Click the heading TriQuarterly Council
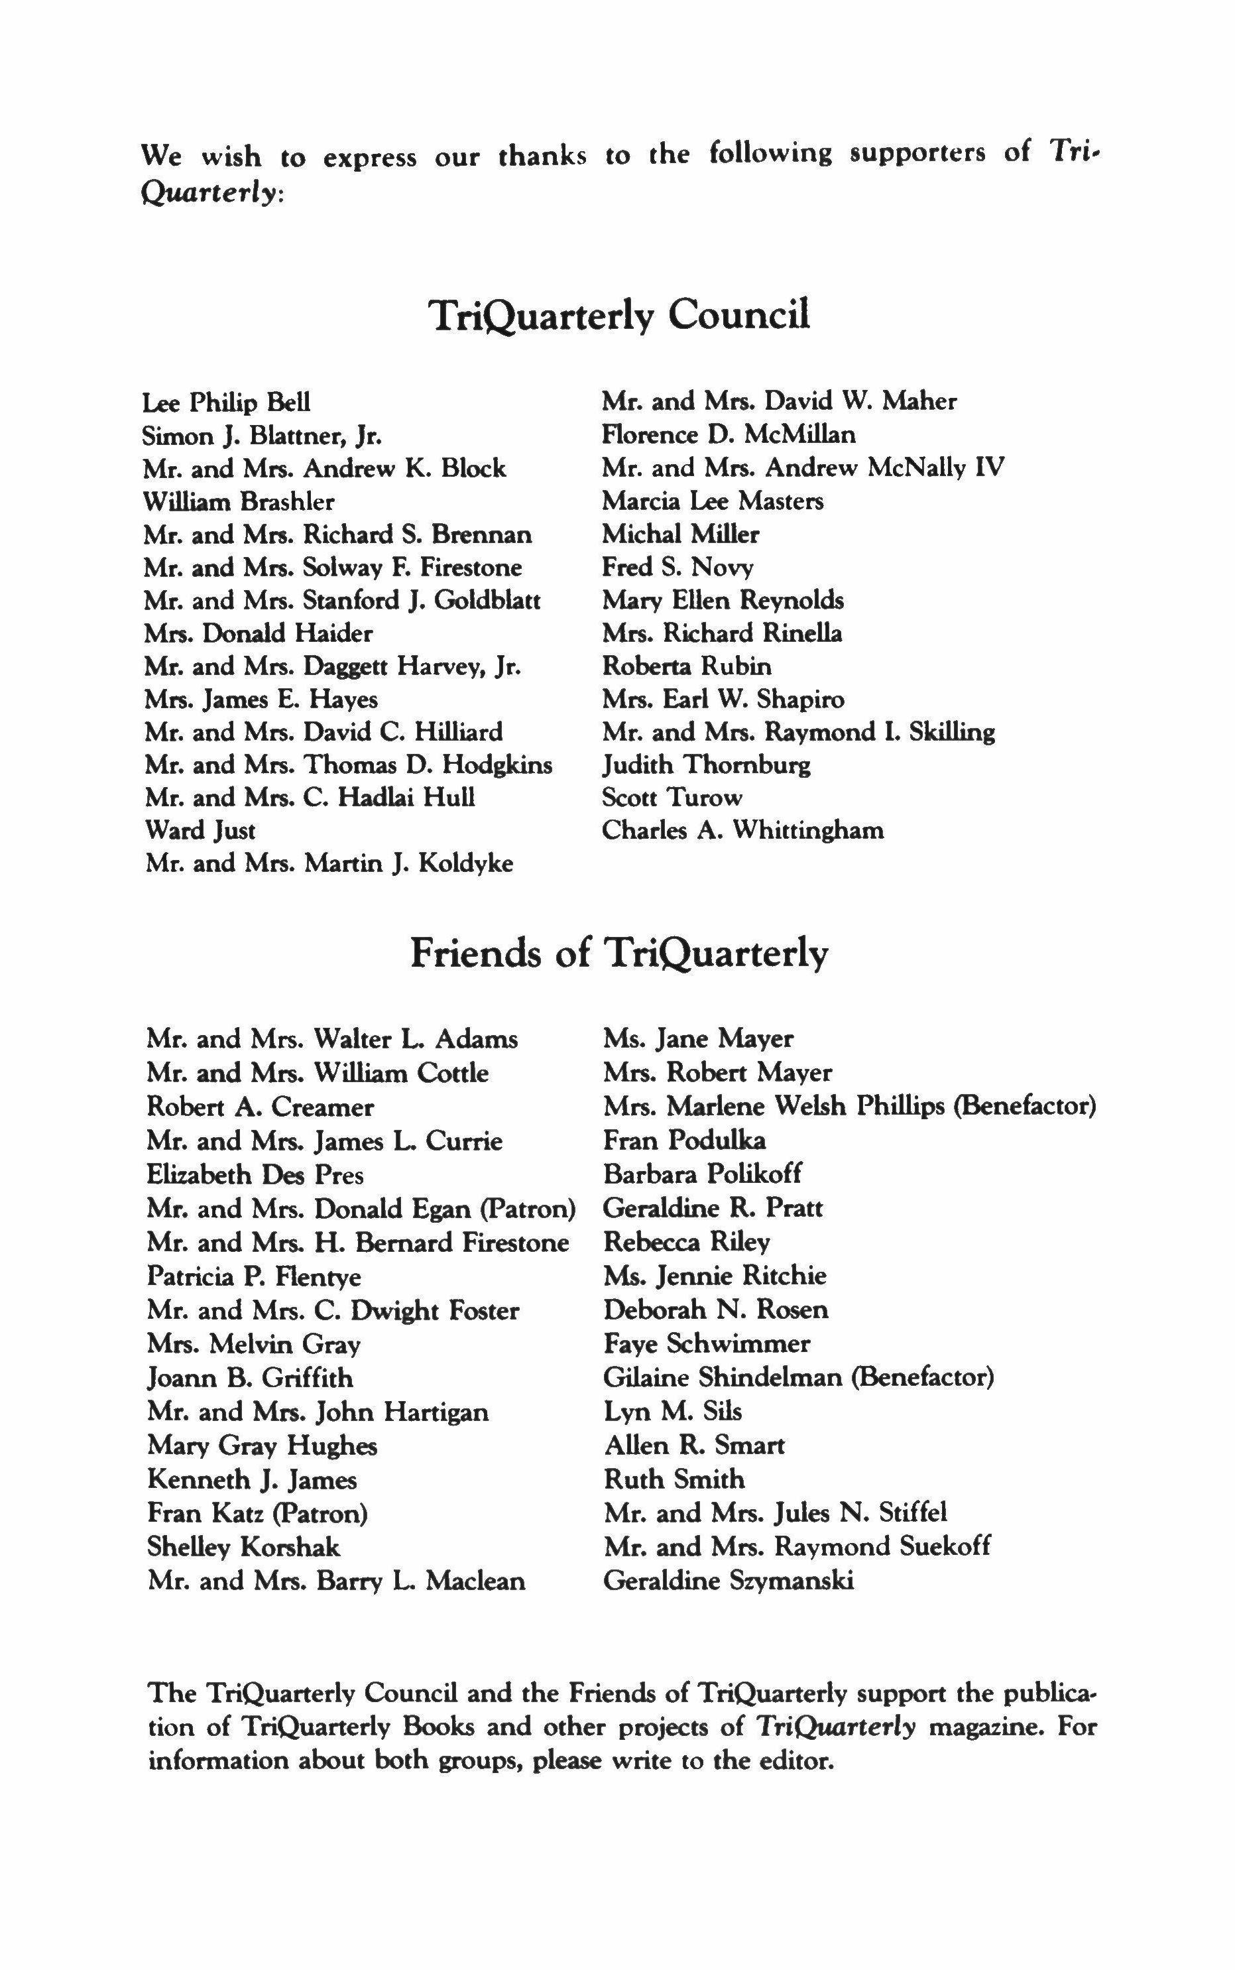click(619, 315)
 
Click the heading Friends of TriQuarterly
click(618, 953)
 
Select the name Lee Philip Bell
click(226, 403)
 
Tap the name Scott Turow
click(672, 797)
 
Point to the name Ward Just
click(200, 831)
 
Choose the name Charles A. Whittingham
click(742, 831)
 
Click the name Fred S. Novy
click(677, 568)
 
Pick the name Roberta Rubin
click(686, 666)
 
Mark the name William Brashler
click(239, 501)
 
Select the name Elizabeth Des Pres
click(255, 1174)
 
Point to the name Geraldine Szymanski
click(728, 1580)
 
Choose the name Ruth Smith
click(674, 1479)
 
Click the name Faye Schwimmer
click(707, 1343)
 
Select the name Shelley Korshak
click(243, 1547)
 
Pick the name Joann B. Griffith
click(250, 1378)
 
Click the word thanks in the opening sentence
click(542, 155)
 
